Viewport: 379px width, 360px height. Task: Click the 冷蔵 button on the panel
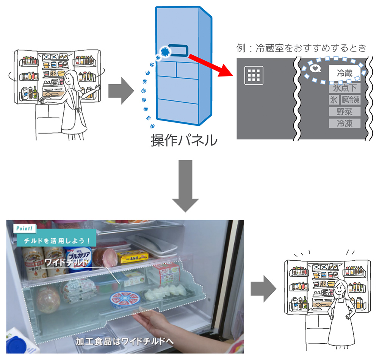[x=344, y=73]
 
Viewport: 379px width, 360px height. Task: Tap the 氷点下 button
[x=344, y=88]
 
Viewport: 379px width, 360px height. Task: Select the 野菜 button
[x=344, y=111]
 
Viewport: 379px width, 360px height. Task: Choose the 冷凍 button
[x=344, y=123]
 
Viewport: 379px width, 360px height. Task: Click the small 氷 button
[x=333, y=100]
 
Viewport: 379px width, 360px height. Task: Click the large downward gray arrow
[x=185, y=186]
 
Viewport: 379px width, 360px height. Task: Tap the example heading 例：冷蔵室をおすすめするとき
[x=301, y=48]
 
